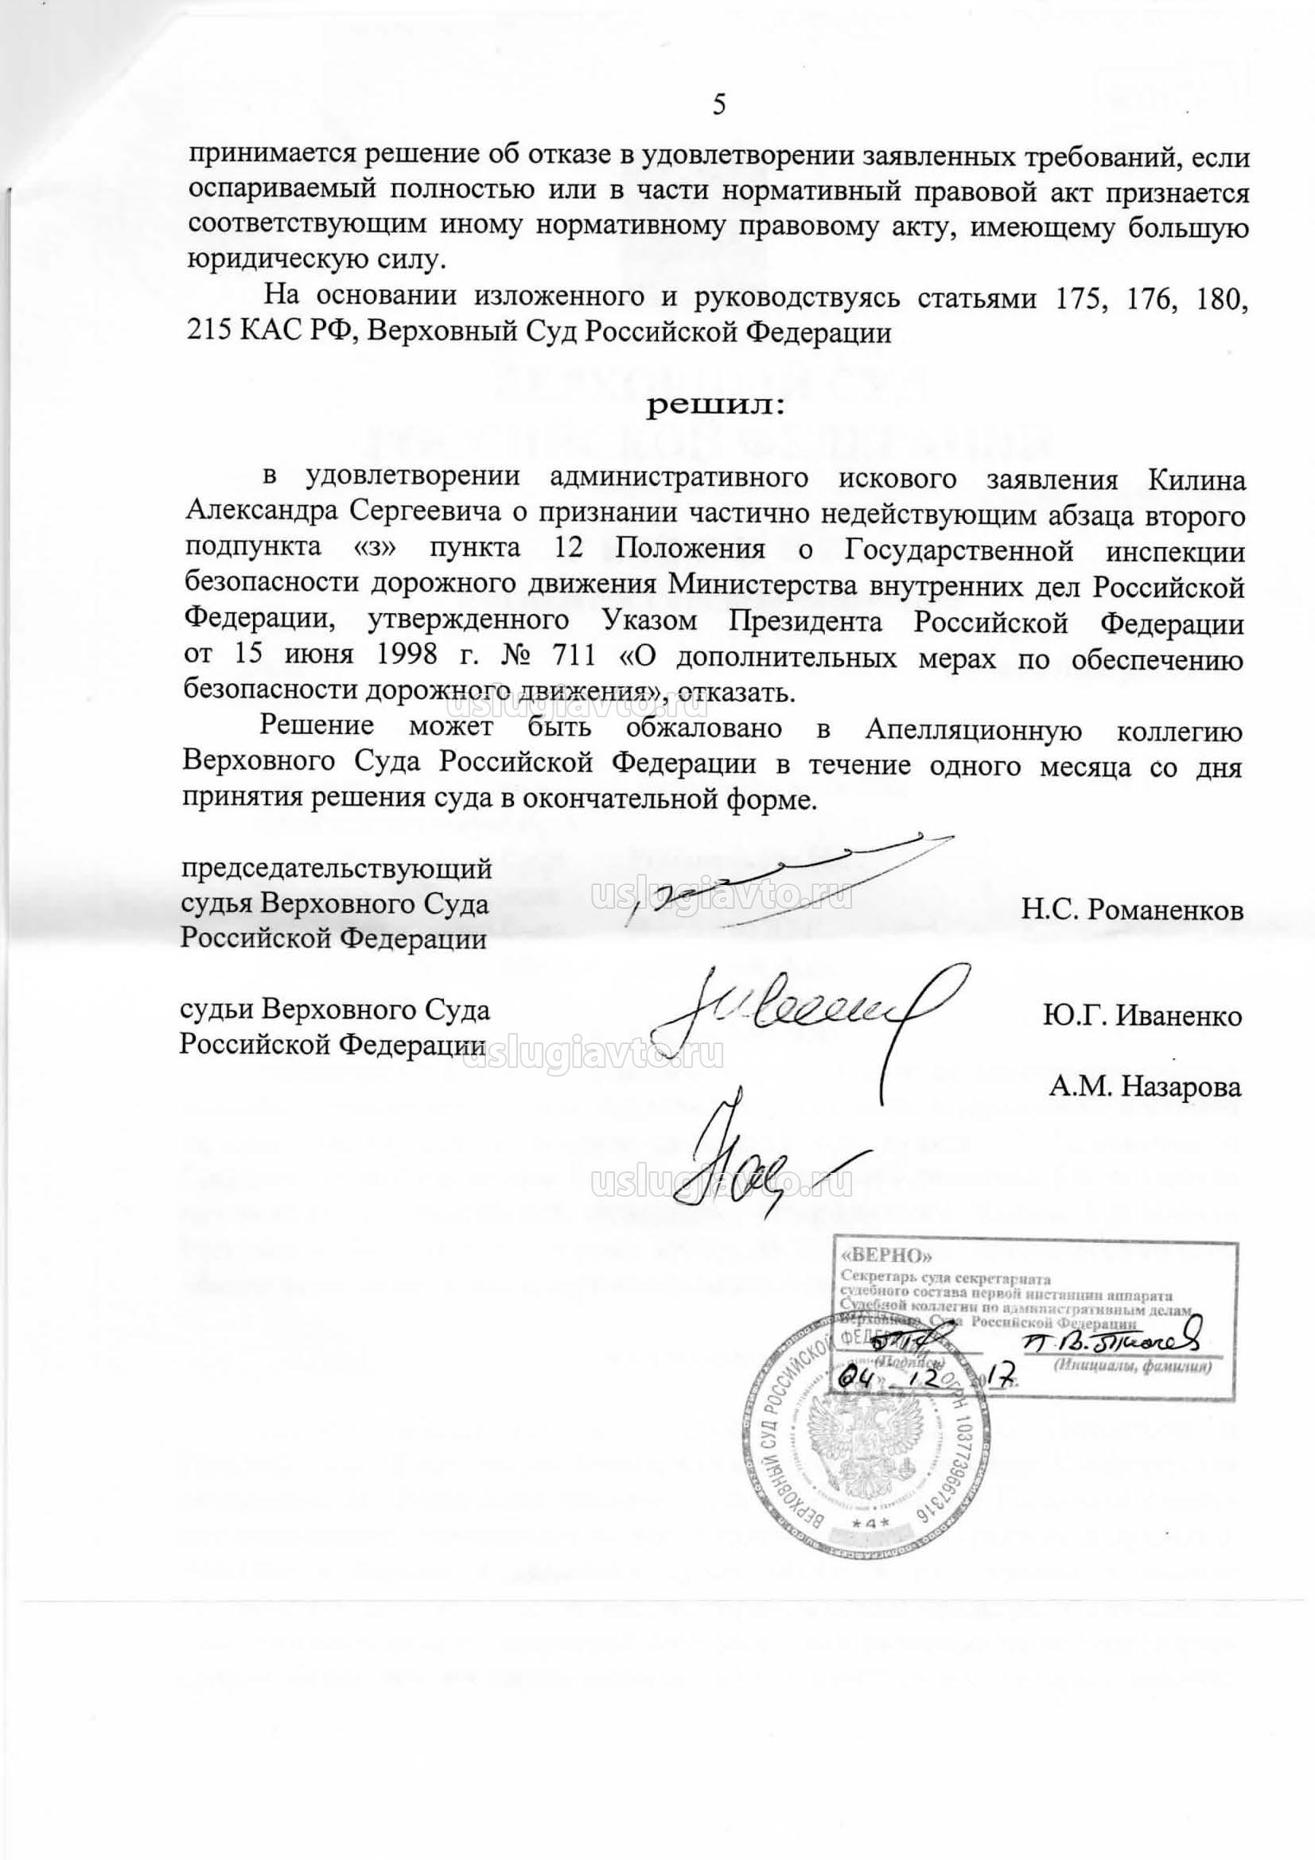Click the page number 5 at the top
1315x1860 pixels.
[718, 106]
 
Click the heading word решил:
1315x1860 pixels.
[715, 407]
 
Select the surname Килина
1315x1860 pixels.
[1196, 480]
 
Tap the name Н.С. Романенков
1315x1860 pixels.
[1132, 911]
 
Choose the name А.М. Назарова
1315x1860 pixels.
[1145, 1086]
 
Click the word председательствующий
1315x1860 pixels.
[337, 870]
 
